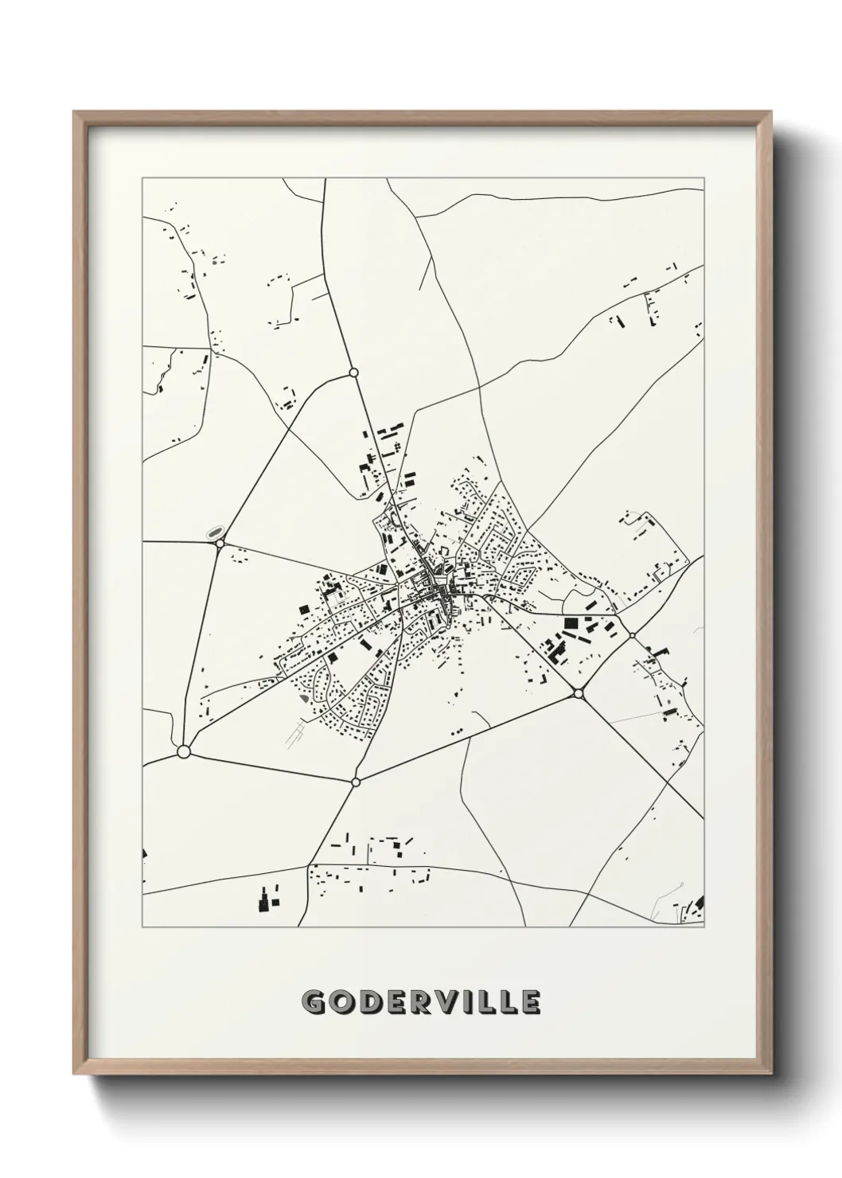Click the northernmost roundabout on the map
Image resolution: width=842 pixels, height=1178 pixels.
(353, 372)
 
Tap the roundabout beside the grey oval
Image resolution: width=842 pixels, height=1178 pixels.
(220, 544)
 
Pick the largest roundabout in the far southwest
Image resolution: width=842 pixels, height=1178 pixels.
(184, 751)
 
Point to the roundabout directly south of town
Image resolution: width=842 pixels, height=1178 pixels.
(356, 782)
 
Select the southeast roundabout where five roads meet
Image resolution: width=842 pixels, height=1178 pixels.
(578, 694)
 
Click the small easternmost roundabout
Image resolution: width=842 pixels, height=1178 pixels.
(632, 635)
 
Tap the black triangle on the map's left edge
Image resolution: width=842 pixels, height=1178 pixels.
(145, 853)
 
